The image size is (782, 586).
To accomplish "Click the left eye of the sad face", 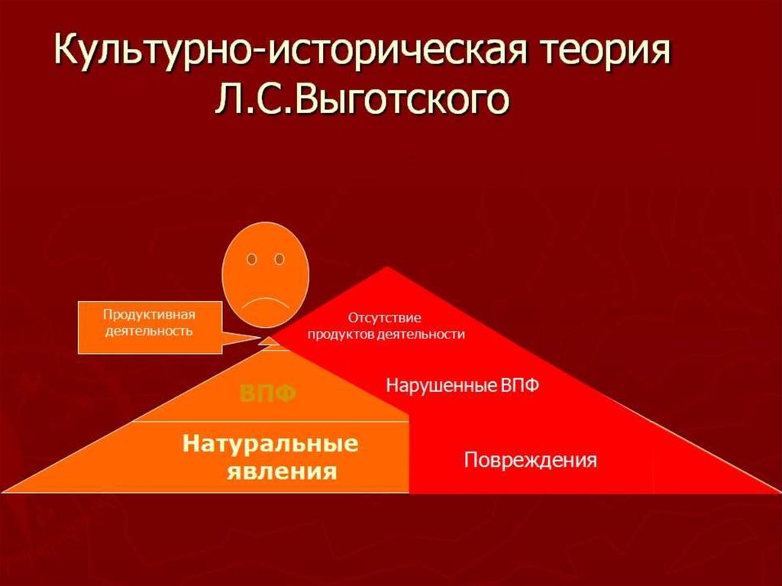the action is pyautogui.click(x=252, y=259).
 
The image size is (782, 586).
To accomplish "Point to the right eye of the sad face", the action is pyautogui.click(x=280, y=259).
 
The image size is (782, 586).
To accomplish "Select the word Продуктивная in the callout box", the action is pyautogui.click(x=149, y=315).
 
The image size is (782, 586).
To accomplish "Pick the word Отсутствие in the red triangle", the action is pyautogui.click(x=385, y=318).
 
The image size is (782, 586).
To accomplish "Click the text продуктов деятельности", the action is pyautogui.click(x=386, y=335).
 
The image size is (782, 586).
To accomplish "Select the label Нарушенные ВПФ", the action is pyautogui.click(x=462, y=385).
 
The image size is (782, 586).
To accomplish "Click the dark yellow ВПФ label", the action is pyautogui.click(x=268, y=393).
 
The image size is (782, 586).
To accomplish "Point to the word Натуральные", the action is pyautogui.click(x=270, y=442).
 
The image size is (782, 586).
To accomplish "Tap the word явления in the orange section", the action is pyautogui.click(x=282, y=471).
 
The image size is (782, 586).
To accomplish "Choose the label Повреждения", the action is pyautogui.click(x=530, y=459).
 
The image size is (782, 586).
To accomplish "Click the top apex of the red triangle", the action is pyautogui.click(x=387, y=267).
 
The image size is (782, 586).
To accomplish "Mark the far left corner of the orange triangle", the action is pyautogui.click(x=3, y=492).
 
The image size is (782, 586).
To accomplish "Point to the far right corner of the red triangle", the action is pyautogui.click(x=779, y=492).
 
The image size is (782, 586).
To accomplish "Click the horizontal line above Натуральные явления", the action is pyautogui.click(x=270, y=421).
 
